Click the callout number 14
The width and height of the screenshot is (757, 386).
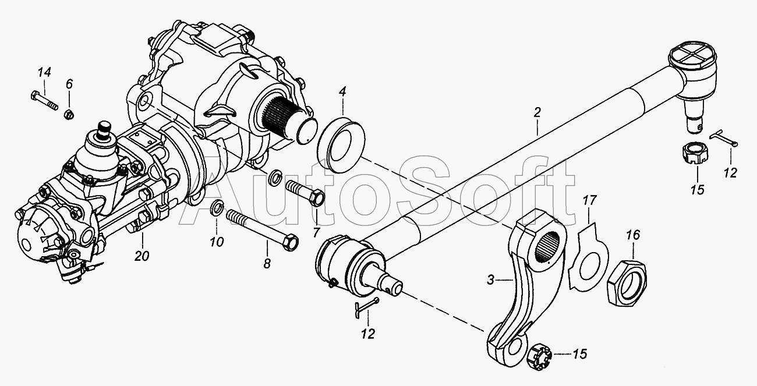point(44,72)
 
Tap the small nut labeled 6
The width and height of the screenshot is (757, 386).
point(69,114)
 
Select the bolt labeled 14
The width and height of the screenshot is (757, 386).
point(44,100)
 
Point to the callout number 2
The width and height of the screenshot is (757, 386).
point(537,112)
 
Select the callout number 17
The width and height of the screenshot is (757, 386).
point(589,200)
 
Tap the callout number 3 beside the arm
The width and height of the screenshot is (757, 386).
point(491,280)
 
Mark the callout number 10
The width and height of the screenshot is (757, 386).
point(217,242)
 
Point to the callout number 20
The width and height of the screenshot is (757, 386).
point(142,256)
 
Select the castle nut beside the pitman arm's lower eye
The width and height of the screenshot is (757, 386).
point(539,357)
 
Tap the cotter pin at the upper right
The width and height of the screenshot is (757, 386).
point(723,139)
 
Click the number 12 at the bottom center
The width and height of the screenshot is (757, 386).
point(367,334)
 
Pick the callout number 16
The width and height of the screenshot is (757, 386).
point(634,235)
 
